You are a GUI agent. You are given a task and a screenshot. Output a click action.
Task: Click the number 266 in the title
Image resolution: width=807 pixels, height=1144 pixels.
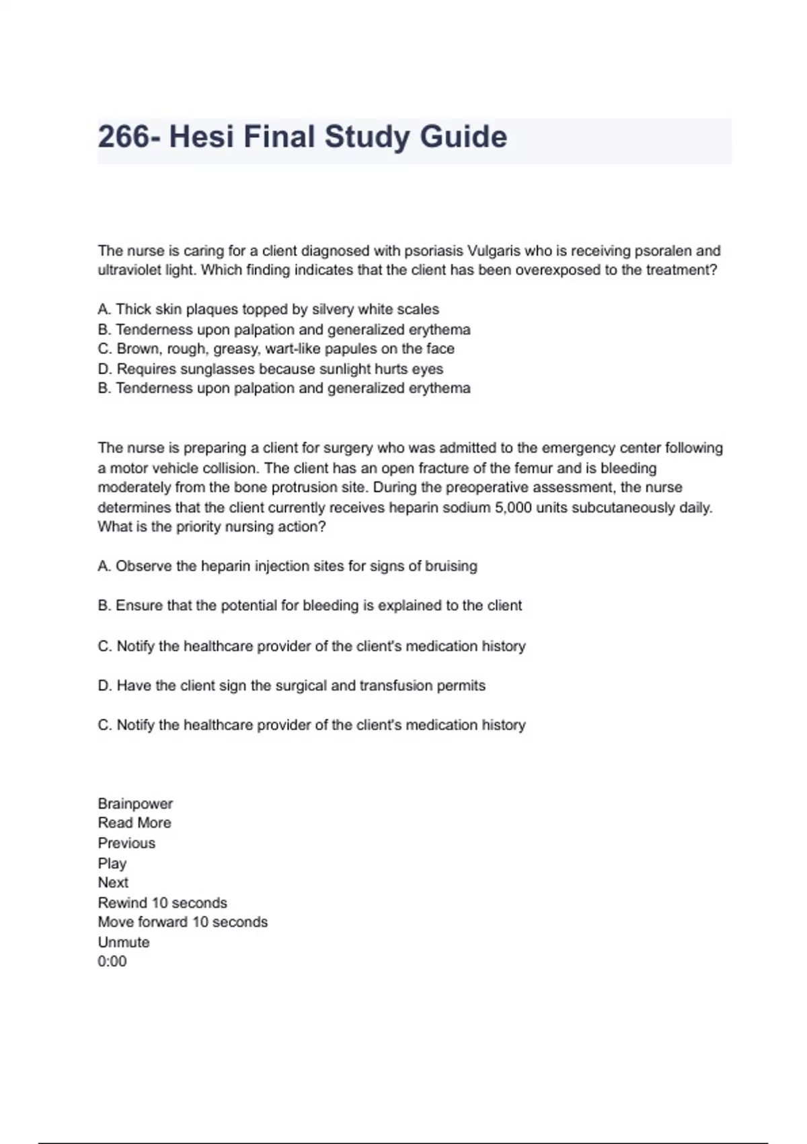click(124, 137)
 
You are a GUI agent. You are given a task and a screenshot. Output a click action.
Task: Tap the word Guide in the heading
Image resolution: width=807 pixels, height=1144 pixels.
click(463, 137)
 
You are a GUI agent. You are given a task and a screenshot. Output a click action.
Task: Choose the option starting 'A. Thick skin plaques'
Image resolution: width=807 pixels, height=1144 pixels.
click(268, 310)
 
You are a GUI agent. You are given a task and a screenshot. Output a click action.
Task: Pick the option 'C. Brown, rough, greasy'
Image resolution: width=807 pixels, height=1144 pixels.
click(276, 349)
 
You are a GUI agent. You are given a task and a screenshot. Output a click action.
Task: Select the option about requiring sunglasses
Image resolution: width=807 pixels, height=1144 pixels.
click(270, 369)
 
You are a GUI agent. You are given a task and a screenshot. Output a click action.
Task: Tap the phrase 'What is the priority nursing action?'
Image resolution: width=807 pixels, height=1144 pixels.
click(211, 527)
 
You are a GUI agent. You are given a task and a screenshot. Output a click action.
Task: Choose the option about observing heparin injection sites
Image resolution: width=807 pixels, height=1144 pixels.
click(287, 566)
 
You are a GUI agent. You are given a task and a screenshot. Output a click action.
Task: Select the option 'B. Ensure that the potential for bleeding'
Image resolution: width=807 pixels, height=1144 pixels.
click(309, 606)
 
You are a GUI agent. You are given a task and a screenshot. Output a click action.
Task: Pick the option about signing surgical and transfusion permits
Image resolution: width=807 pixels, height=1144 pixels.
click(291, 686)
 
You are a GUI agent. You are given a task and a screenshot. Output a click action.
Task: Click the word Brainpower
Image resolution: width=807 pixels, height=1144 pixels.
click(135, 803)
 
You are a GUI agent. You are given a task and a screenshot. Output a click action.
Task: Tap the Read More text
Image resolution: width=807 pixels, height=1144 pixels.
click(134, 823)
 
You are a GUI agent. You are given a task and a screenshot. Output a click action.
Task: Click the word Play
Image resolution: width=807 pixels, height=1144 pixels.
click(112, 863)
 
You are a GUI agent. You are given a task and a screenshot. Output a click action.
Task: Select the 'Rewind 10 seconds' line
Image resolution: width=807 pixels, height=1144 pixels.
click(162, 902)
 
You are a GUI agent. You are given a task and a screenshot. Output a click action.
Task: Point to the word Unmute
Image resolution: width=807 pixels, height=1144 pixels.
click(124, 942)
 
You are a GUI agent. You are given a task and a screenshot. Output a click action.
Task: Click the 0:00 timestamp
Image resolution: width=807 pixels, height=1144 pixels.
click(112, 962)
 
